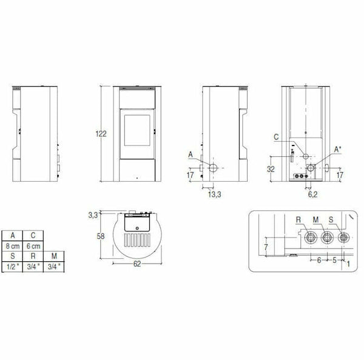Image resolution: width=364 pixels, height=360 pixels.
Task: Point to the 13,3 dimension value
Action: coord(213,194)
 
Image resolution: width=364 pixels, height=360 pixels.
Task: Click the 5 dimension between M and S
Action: coord(334,259)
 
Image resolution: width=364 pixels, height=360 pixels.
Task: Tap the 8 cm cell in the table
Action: coord(13,247)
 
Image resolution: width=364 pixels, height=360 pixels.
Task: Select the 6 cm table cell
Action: coord(34,247)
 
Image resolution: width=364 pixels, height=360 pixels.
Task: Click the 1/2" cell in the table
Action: coord(13,266)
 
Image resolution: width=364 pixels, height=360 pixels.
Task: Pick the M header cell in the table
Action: coord(55,256)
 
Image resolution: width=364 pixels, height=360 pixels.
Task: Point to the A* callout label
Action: coord(339,148)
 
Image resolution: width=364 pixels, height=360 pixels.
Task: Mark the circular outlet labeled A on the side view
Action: coord(214,167)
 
